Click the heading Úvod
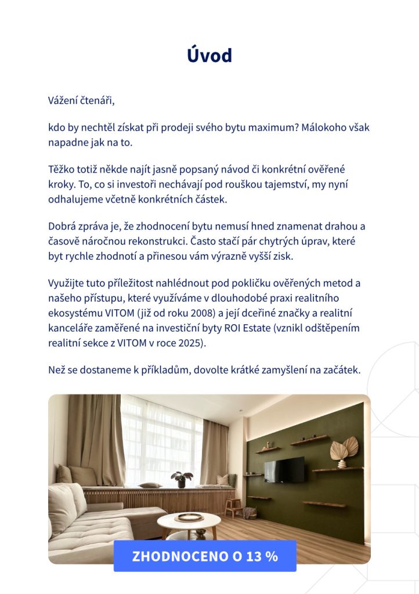click(x=209, y=56)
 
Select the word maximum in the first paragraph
click(x=273, y=127)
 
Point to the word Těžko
click(x=62, y=169)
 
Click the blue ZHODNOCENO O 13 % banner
click(x=205, y=556)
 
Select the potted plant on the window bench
click(x=182, y=479)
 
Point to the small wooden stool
click(x=234, y=507)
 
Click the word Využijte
click(x=67, y=283)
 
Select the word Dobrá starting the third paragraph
click(x=63, y=226)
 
